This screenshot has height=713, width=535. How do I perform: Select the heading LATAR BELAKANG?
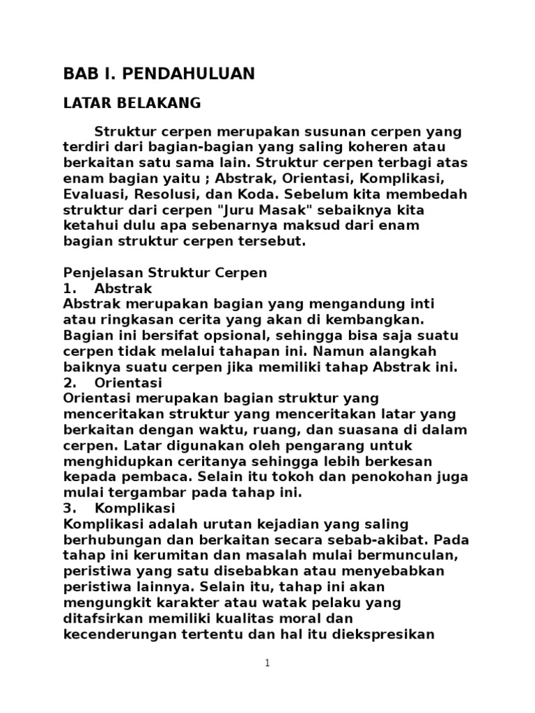(132, 103)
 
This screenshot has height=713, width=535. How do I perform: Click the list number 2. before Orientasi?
(69, 383)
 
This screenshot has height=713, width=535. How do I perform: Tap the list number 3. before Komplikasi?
(69, 508)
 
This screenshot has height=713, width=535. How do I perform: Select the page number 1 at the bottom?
(267, 664)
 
